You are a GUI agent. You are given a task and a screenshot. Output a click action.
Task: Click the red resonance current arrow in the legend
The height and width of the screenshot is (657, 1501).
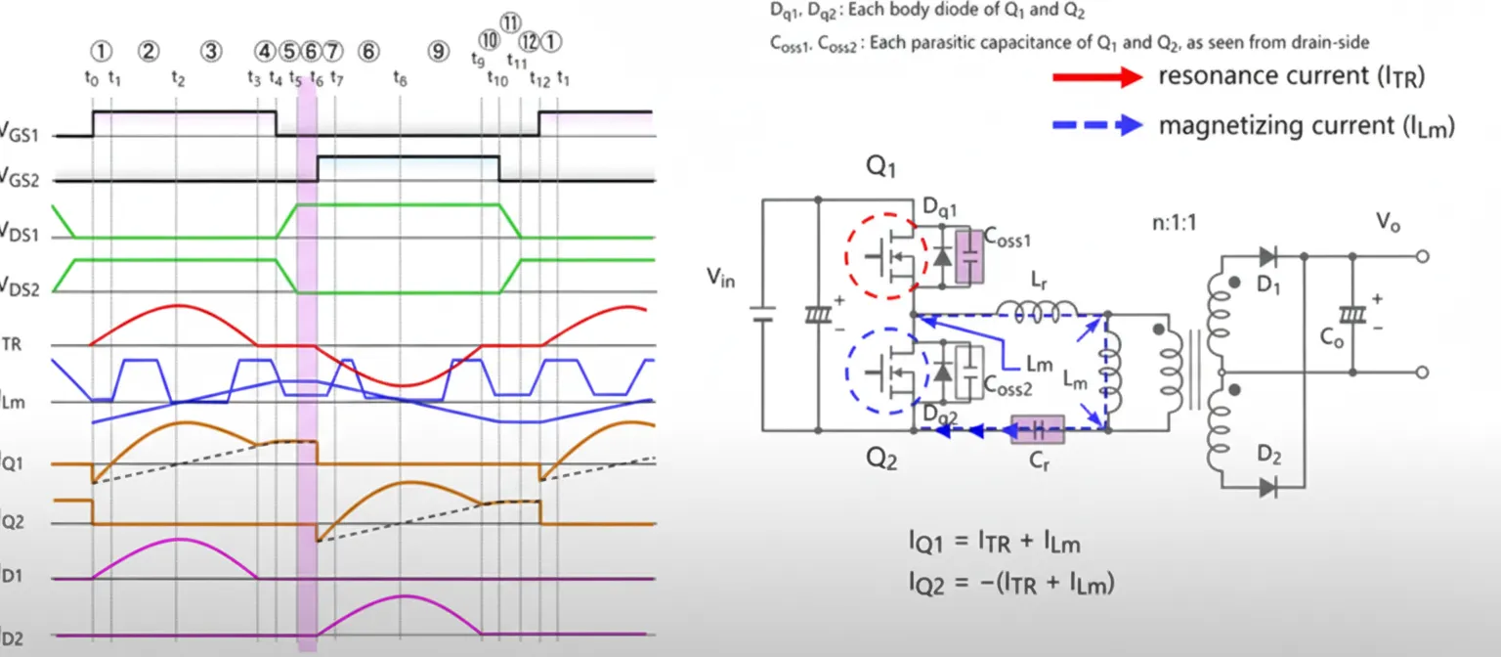pyautogui.click(x=1096, y=77)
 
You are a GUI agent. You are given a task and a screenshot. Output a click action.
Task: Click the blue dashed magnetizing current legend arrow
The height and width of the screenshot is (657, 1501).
pyautogui.click(x=1096, y=125)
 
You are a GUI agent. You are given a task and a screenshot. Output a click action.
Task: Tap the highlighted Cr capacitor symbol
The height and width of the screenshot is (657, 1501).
pyautogui.click(x=1040, y=429)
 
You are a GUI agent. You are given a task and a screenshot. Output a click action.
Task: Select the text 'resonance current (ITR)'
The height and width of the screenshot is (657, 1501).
pyautogui.click(x=1291, y=76)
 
